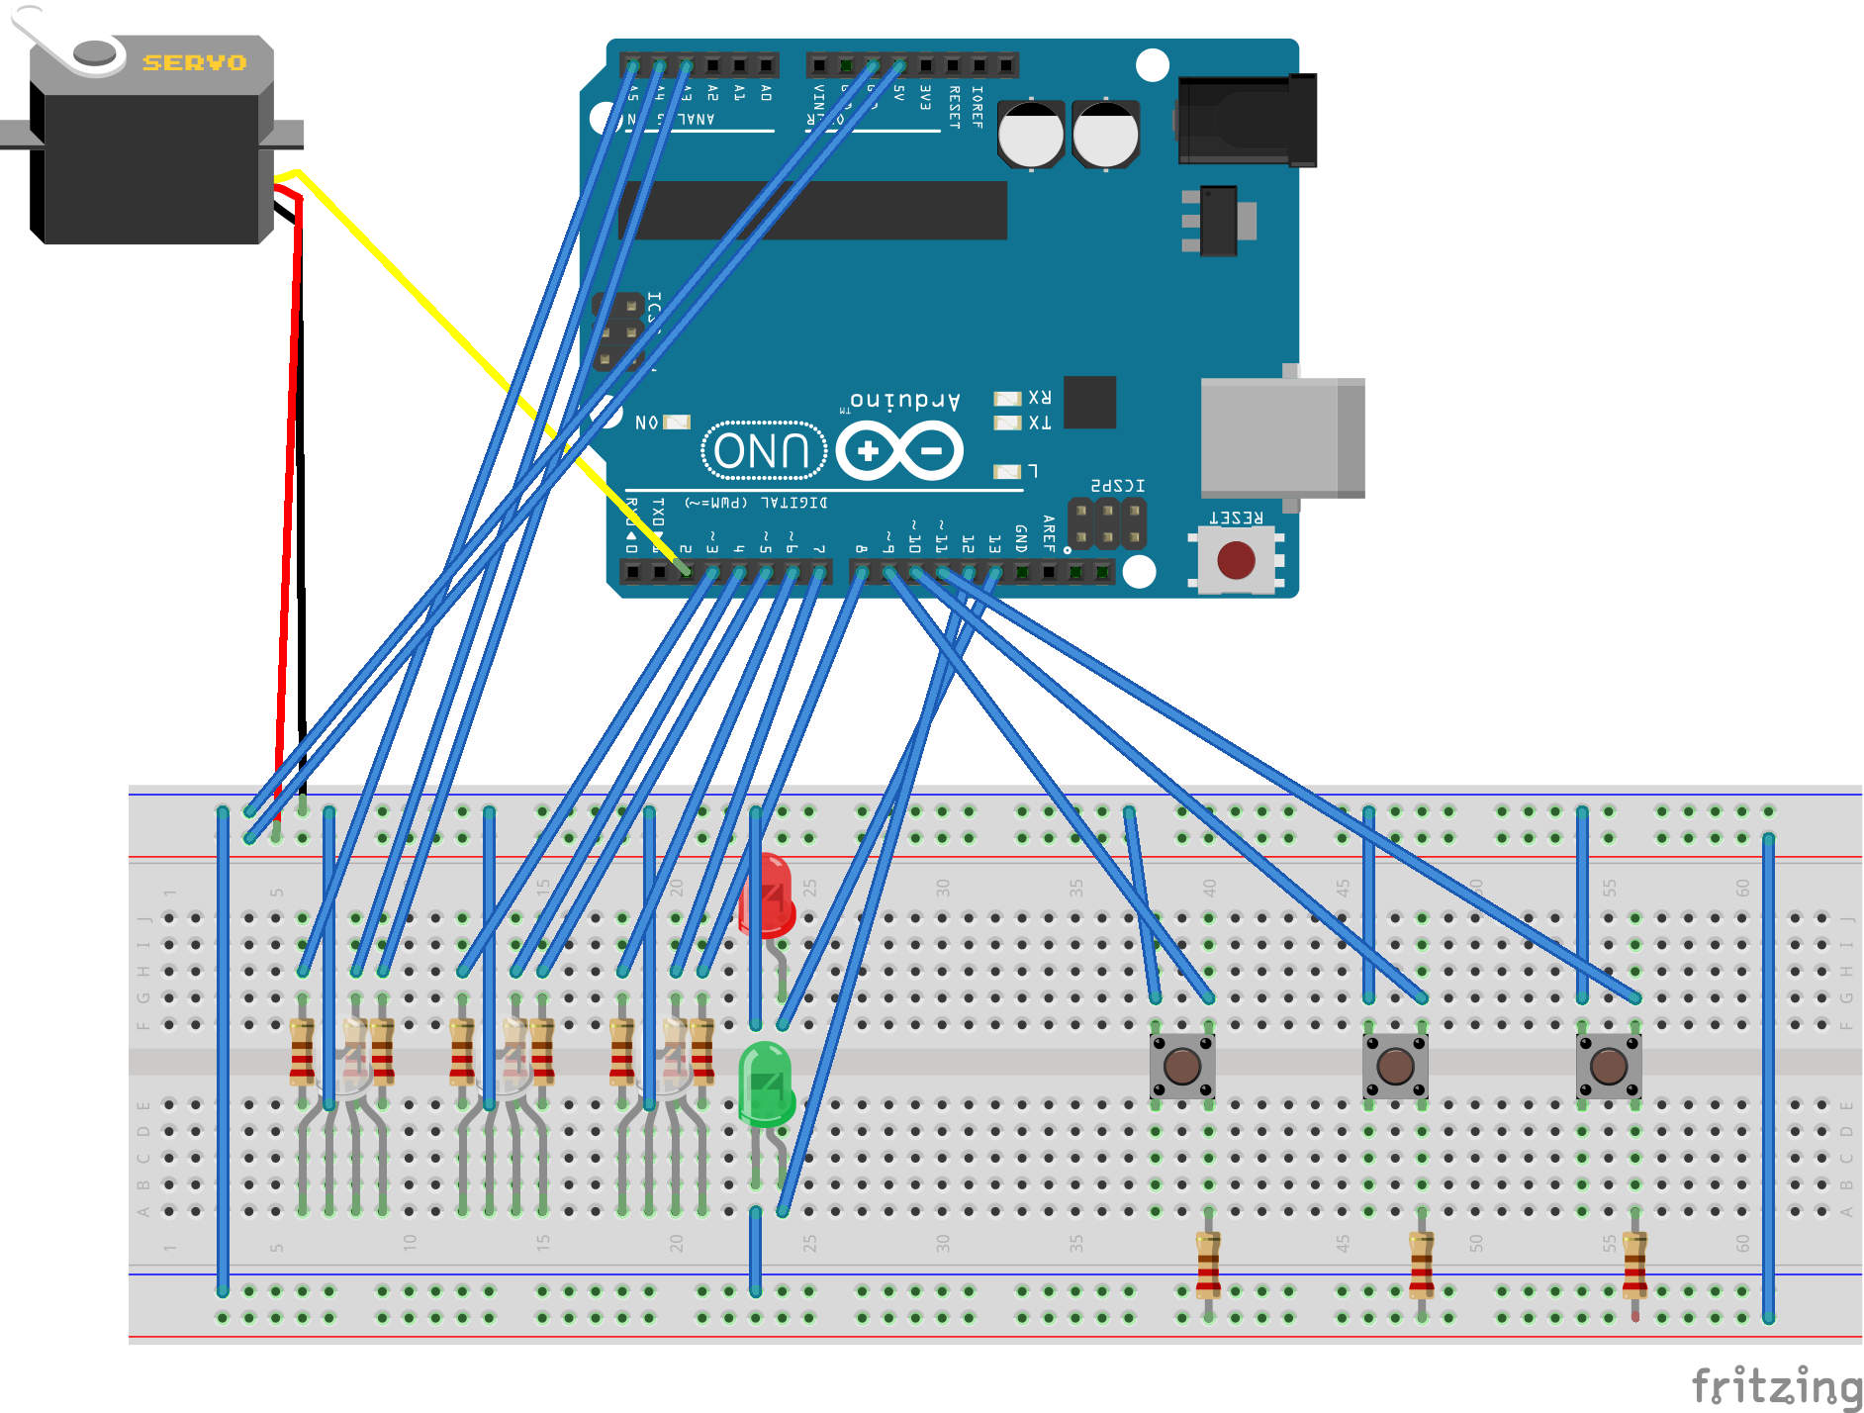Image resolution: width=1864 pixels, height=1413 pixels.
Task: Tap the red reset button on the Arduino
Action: coord(1236,560)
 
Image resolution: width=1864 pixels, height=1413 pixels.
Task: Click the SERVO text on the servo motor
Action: coord(195,62)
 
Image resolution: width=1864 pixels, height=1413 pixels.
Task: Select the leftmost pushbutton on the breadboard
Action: coord(1182,1067)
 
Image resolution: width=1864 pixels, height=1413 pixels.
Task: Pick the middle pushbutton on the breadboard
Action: coord(1395,1067)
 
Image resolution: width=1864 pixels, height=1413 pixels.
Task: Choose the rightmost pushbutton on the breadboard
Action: coord(1609,1067)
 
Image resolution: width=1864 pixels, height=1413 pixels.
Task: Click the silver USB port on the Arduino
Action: coord(1281,437)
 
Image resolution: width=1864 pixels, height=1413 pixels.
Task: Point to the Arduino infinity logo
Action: coord(899,451)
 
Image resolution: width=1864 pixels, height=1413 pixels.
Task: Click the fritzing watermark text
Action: coord(1775,1385)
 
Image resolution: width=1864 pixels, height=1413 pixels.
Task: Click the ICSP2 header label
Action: coord(1117,486)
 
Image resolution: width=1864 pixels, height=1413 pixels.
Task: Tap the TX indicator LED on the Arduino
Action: coord(1007,424)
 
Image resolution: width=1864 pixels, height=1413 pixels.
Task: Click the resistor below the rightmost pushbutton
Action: coord(1634,1266)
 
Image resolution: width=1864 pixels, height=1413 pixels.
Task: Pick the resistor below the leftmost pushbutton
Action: coord(1208,1266)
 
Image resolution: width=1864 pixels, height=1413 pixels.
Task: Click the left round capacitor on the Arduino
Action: coord(1031,135)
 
